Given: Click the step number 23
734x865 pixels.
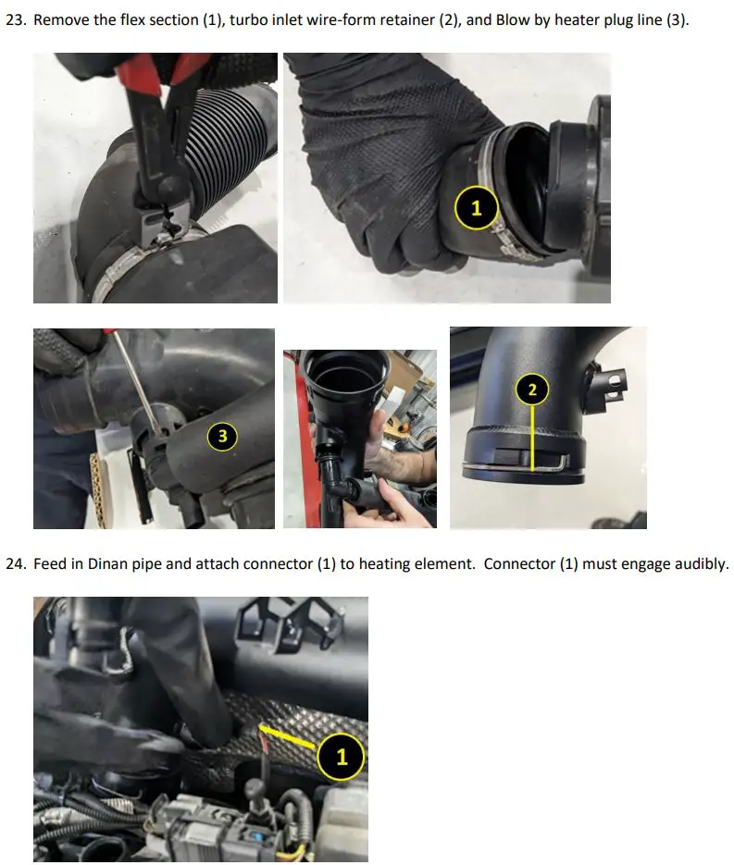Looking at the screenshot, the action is pos(15,19).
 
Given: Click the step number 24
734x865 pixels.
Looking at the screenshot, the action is pos(15,563).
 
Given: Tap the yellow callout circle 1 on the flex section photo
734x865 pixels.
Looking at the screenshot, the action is pos(477,208).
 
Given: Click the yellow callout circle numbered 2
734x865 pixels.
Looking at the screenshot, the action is pos(532,389).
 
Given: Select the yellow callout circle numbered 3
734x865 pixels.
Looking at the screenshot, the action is pos(222,437).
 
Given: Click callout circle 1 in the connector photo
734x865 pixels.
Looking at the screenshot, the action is pos(342,757).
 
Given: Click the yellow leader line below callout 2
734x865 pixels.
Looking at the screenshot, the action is pos(532,438).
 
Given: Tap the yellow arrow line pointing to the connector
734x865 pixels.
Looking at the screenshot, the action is pos(288,737).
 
